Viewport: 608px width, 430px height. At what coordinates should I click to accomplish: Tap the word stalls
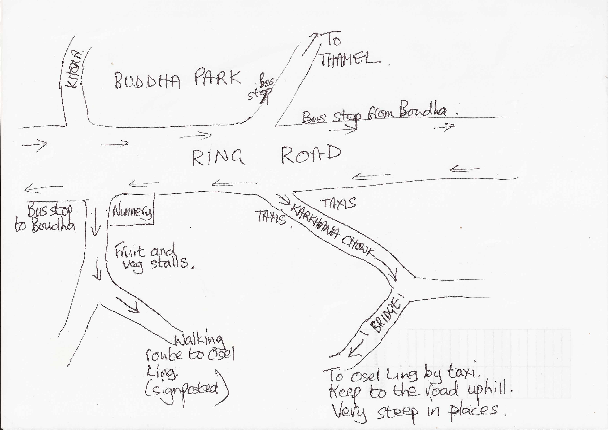tap(170, 263)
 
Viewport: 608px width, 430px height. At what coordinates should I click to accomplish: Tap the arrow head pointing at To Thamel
tap(315, 35)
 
